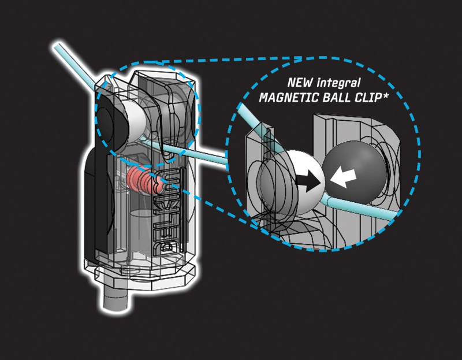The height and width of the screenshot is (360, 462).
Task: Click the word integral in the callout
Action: tap(338, 83)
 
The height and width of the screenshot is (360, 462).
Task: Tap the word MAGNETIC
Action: tap(289, 97)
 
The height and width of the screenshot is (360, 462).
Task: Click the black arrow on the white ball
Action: tap(308, 181)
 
